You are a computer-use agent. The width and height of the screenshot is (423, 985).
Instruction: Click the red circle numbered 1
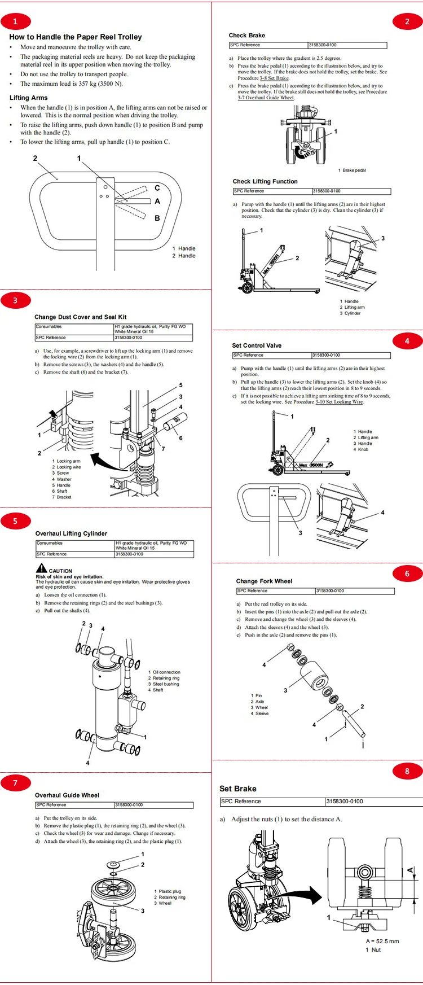(15, 22)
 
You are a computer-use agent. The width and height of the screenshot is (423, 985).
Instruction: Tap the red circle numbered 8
(407, 771)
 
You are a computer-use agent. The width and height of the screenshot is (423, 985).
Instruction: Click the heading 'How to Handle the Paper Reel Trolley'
(76, 37)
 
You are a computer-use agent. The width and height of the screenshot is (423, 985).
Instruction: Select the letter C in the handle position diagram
(157, 188)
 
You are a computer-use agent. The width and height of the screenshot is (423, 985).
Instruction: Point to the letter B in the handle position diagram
(157, 218)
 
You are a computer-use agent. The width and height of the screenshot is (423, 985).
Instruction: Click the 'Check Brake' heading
(246, 35)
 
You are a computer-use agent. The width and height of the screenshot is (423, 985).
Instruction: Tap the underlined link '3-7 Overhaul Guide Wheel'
(266, 98)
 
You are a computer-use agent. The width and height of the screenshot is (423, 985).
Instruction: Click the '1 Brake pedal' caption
(352, 170)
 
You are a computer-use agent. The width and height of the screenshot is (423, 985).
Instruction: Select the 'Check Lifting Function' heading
(265, 181)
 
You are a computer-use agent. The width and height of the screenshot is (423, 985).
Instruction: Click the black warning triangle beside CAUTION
(41, 568)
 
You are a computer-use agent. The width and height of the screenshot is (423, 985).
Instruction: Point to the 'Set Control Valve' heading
(257, 345)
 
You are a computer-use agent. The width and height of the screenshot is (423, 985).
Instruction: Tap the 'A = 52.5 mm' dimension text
(382, 941)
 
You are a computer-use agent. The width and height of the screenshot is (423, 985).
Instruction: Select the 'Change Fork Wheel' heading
(264, 581)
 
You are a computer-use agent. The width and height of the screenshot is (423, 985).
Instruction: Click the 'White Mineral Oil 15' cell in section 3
(134, 331)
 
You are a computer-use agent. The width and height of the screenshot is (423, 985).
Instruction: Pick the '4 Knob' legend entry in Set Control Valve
(361, 449)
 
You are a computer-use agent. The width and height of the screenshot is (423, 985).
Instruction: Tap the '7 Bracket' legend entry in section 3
(62, 497)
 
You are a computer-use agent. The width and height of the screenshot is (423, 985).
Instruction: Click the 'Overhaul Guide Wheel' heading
(67, 795)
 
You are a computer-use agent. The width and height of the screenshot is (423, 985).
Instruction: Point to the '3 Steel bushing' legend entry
(164, 684)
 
